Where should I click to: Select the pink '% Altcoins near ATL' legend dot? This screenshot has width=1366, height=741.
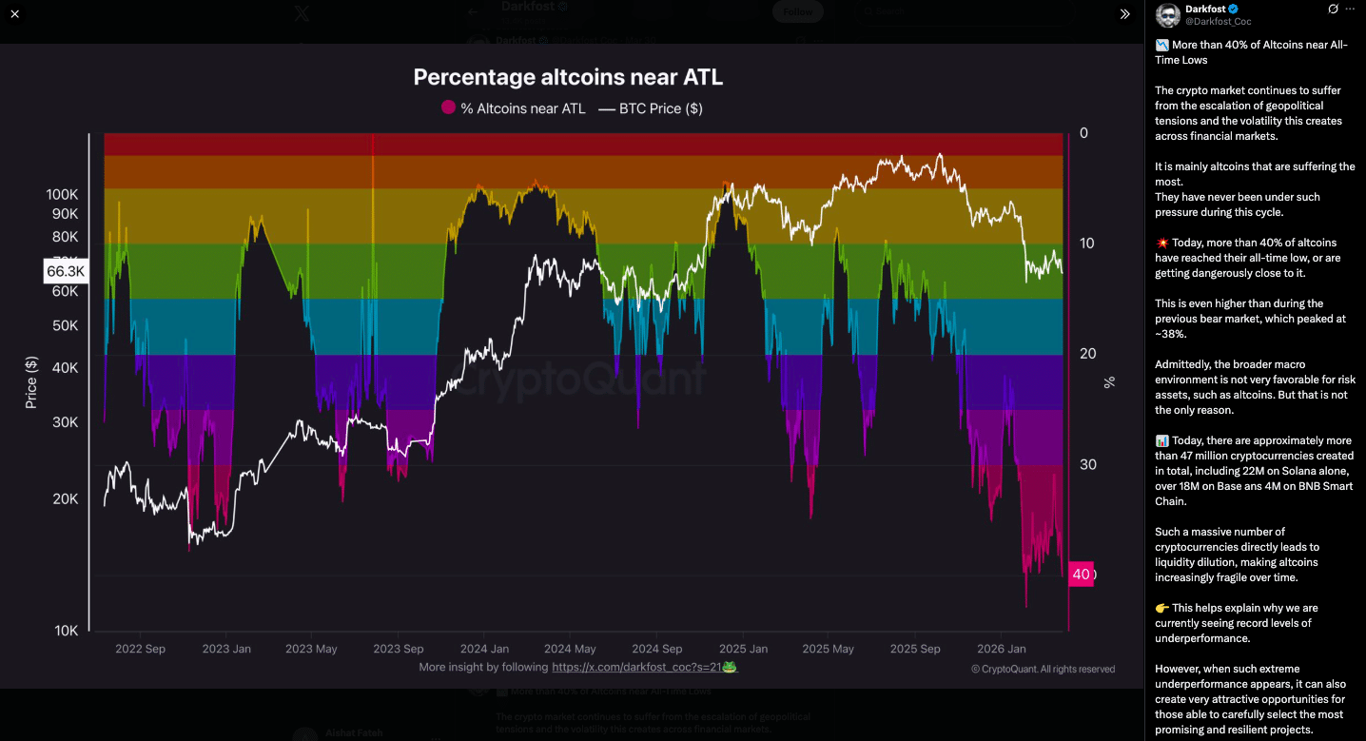click(x=448, y=107)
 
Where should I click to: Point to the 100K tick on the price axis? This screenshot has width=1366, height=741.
click(x=63, y=194)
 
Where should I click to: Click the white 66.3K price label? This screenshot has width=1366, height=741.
click(x=67, y=272)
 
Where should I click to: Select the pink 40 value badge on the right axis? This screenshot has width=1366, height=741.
click(x=1081, y=575)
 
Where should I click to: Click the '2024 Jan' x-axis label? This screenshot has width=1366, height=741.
click(x=482, y=649)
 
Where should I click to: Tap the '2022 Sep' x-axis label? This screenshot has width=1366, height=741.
click(x=140, y=649)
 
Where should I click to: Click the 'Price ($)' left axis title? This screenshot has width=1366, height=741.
click(x=30, y=382)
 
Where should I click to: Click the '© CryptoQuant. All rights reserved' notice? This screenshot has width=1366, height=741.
click(x=1043, y=669)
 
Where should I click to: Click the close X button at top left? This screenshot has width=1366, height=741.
click(x=14, y=14)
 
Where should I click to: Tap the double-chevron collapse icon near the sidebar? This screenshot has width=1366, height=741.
click(x=1124, y=14)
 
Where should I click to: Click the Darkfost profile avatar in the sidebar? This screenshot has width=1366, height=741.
click(x=1167, y=14)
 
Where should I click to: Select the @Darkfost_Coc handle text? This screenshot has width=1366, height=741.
click(x=1219, y=21)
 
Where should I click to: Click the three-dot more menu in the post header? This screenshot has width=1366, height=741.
click(x=1350, y=9)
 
